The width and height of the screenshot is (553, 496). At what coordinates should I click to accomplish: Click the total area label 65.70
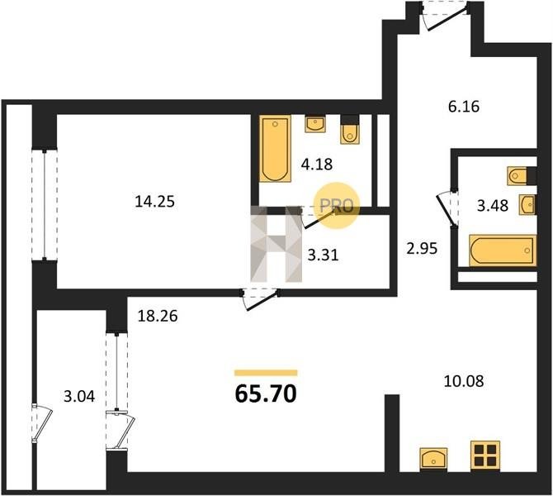266,393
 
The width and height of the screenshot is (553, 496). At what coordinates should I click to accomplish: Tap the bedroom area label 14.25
155,202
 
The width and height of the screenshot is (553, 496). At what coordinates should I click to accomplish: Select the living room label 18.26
158,316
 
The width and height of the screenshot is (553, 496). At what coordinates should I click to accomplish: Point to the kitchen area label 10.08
463,382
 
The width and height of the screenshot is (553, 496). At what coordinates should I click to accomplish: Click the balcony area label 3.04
79,396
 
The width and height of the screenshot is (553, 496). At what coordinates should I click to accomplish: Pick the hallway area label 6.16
464,107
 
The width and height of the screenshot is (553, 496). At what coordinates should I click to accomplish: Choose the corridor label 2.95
422,249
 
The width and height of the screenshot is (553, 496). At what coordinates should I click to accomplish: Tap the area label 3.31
323,255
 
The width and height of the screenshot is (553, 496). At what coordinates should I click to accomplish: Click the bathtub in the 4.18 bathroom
275,148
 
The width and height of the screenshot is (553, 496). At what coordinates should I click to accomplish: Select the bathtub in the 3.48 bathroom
503,250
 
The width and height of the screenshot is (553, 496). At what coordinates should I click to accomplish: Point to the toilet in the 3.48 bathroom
522,176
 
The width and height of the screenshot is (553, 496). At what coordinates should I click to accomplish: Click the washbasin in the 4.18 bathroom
315,124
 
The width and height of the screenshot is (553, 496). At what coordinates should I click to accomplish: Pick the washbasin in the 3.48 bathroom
527,204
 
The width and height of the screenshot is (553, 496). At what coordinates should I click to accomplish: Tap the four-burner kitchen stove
485,455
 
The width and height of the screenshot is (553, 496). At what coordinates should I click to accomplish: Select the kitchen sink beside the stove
433,460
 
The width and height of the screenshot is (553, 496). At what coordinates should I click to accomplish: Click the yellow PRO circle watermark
337,205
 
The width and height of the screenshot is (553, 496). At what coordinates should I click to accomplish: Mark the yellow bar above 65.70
266,373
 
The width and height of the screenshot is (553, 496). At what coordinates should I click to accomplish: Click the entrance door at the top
446,16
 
